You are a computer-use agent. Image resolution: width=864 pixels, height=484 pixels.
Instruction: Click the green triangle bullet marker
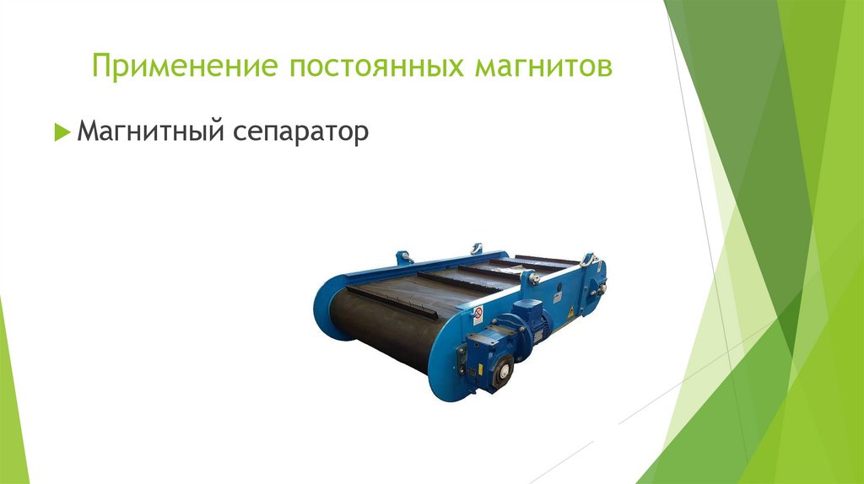tap(61, 132)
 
